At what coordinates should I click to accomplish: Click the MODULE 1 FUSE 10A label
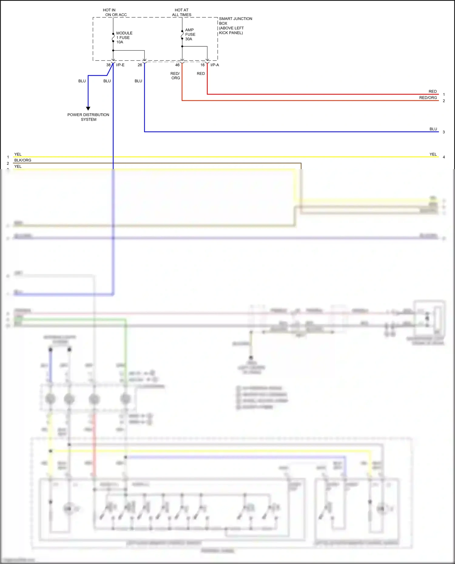point(124,38)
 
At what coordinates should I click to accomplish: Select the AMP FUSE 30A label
point(190,34)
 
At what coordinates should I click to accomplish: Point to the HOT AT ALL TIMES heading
point(182,12)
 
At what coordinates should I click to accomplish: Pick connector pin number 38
point(108,65)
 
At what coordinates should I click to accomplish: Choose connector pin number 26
point(140,65)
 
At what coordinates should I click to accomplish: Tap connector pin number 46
point(177,65)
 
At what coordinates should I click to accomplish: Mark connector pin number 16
point(202,65)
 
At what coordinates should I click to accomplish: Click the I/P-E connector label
point(120,65)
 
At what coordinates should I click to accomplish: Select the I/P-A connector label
point(215,65)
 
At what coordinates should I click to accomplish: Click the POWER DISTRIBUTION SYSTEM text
point(88,117)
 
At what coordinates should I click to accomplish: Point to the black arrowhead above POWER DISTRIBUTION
point(88,108)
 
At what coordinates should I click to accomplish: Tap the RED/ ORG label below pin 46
point(175,76)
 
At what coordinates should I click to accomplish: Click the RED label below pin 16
point(201,74)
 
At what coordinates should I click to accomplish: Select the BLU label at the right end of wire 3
point(433,129)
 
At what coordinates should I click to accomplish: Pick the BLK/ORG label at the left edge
point(23,160)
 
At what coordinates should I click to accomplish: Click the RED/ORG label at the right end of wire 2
point(428,98)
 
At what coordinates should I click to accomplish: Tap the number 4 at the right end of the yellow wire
point(444,157)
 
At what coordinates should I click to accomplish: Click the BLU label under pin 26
point(138,81)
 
